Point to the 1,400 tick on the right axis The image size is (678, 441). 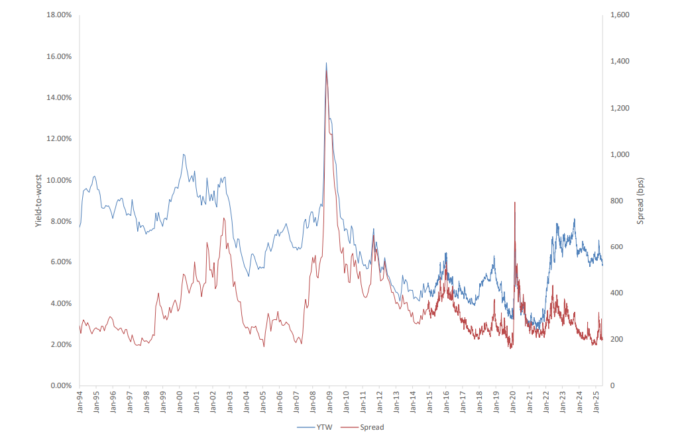click(x=619, y=62)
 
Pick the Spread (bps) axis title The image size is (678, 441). click(x=640, y=200)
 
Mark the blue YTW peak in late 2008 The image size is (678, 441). click(x=326, y=63)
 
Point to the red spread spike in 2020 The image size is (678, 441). click(x=514, y=202)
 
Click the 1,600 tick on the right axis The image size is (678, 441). click(x=619, y=15)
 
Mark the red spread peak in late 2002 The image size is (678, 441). click(x=224, y=218)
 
